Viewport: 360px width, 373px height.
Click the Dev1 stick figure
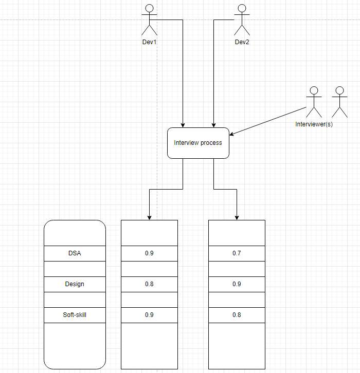tap(150, 21)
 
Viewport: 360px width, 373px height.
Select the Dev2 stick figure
tap(242, 21)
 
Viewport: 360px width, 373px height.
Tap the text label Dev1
tap(149, 42)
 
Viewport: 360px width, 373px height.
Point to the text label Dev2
tap(242, 42)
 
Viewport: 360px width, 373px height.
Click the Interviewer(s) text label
tap(314, 124)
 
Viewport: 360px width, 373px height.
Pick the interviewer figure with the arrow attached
tap(314, 103)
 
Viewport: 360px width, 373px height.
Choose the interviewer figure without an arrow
tap(338, 103)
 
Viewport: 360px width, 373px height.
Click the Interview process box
tap(198, 143)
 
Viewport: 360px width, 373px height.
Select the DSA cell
tap(75, 253)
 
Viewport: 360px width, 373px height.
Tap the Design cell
tap(75, 284)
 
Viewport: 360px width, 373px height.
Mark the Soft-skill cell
tap(75, 315)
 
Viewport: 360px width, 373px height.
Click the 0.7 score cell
tap(237, 253)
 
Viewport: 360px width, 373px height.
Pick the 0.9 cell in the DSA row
tap(149, 253)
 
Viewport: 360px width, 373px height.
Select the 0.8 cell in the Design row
tap(149, 284)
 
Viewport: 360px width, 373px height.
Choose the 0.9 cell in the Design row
tap(237, 284)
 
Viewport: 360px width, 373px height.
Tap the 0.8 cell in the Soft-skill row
tap(237, 315)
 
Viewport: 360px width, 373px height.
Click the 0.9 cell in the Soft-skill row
tap(149, 315)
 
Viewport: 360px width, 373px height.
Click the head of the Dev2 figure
tap(242, 8)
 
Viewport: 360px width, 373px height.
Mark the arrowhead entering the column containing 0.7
tap(237, 217)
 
